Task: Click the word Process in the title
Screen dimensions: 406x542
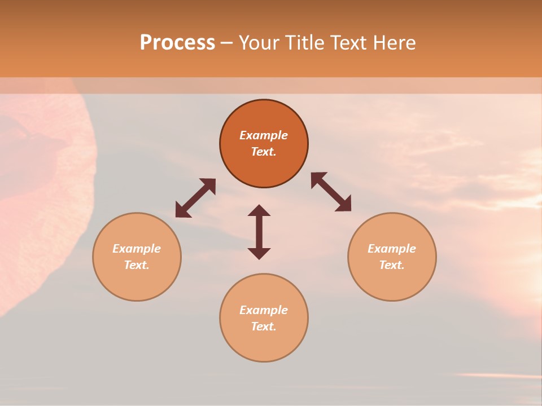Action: click(x=177, y=43)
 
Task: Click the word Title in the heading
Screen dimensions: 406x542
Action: click(x=305, y=43)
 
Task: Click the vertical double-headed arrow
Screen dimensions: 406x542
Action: click(x=259, y=232)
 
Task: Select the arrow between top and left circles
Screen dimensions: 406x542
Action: click(x=195, y=198)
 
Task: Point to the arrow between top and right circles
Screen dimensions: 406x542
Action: click(x=331, y=192)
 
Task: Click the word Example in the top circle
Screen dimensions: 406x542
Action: click(x=264, y=135)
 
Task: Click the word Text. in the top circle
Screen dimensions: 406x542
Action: click(x=264, y=152)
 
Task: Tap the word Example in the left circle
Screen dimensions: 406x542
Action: click(x=137, y=249)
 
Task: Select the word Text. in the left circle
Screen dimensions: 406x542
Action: click(x=137, y=265)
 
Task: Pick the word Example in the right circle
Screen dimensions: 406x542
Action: click(x=392, y=249)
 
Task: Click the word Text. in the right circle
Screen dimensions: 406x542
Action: click(x=392, y=265)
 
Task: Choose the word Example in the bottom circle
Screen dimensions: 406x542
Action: click(x=264, y=310)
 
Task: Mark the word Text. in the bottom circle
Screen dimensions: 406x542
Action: click(x=264, y=326)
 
